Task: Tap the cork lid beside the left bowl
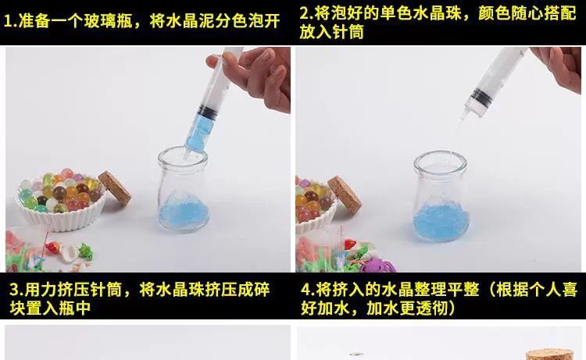click(x=115, y=187)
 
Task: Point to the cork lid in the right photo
click(x=344, y=194)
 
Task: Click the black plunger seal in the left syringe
click(x=205, y=112)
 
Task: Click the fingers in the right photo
click(x=557, y=66)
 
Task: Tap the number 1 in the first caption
click(x=8, y=21)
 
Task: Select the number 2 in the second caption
click(x=305, y=14)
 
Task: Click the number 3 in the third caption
click(x=14, y=290)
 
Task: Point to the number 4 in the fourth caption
click(x=306, y=290)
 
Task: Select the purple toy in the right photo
click(x=377, y=265)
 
